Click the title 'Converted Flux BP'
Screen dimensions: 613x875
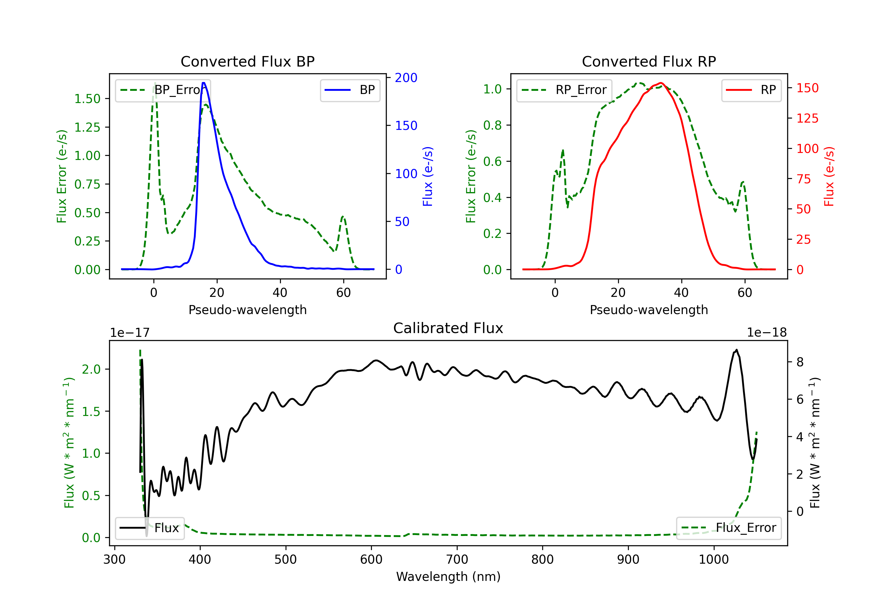click(247, 61)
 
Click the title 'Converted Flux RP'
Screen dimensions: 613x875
click(649, 61)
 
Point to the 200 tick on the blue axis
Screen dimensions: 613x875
click(406, 78)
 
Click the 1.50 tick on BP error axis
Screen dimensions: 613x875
click(87, 99)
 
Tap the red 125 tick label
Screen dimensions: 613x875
click(807, 118)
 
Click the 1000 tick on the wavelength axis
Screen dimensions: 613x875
click(713, 560)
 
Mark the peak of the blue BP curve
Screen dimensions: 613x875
click(204, 83)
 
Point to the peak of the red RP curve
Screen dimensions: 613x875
click(661, 83)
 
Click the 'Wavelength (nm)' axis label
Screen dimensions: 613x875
click(448, 577)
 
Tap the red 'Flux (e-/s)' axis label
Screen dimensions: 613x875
click(829, 176)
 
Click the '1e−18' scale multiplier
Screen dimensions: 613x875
click(766, 333)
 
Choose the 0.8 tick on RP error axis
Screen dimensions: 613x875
click(492, 125)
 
